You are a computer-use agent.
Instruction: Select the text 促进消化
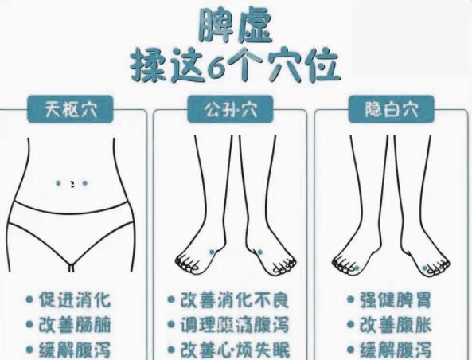[x=76, y=301]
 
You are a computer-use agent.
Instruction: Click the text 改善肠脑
[x=76, y=325]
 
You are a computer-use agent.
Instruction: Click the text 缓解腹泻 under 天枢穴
[x=76, y=350]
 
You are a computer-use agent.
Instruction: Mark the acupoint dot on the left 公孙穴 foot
[x=212, y=252]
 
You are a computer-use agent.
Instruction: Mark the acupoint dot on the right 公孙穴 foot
[x=259, y=252]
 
